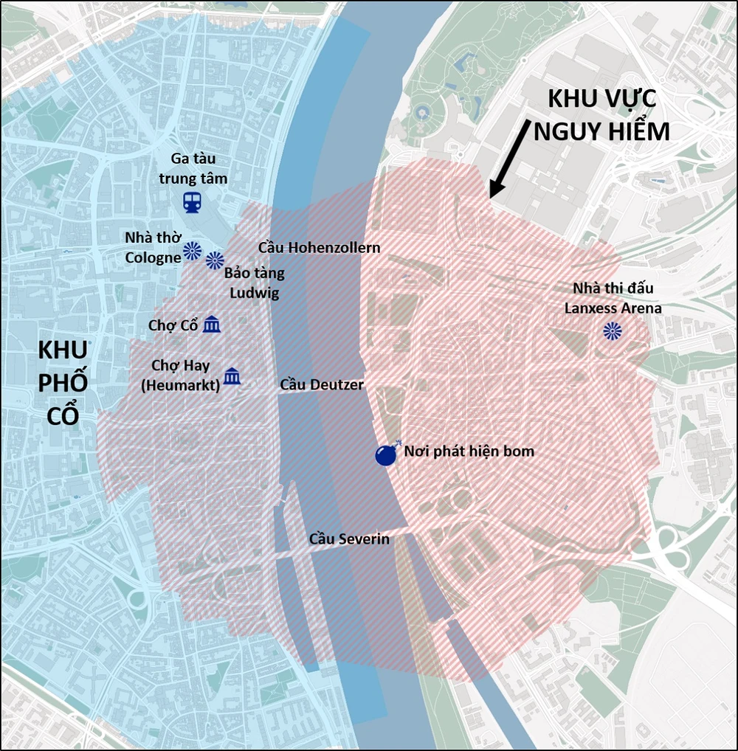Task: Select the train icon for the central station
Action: click(x=193, y=202)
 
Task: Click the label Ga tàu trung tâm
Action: click(x=193, y=168)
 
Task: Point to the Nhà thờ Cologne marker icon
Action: click(x=193, y=251)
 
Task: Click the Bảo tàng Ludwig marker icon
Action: click(x=215, y=260)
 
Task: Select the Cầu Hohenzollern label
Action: click(x=319, y=247)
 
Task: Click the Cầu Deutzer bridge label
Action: click(x=322, y=384)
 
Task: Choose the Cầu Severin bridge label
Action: click(x=349, y=539)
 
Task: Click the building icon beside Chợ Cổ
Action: click(x=212, y=324)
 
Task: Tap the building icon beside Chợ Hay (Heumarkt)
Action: click(x=232, y=375)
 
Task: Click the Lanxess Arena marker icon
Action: click(x=612, y=331)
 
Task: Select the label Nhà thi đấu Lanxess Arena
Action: click(x=613, y=298)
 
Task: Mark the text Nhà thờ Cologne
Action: click(x=153, y=247)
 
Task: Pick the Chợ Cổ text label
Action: click(x=172, y=325)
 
